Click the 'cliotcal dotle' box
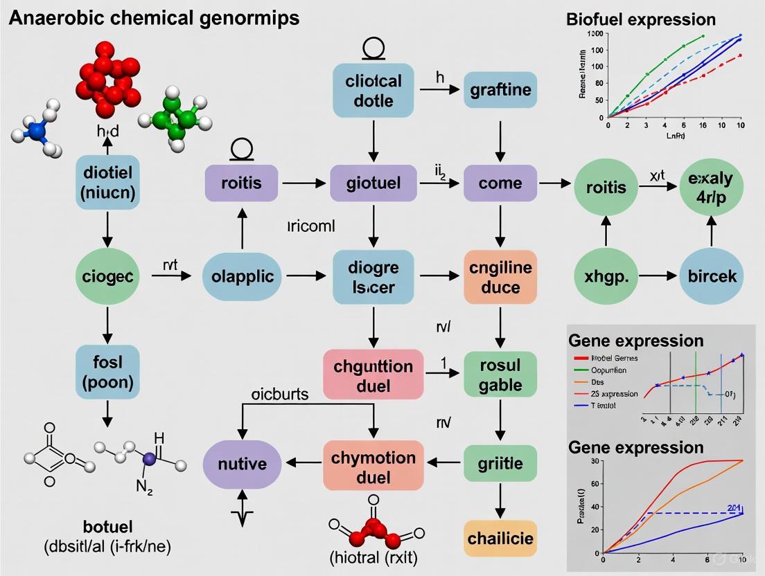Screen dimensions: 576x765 pyautogui.click(x=373, y=90)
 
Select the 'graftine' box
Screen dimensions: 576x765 pyautogui.click(x=500, y=90)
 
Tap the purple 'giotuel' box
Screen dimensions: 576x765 pyautogui.click(x=373, y=184)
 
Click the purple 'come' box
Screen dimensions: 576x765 pyautogui.click(x=500, y=184)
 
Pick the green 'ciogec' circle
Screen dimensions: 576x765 pyautogui.click(x=107, y=276)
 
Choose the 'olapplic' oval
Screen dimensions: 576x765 pyautogui.click(x=243, y=276)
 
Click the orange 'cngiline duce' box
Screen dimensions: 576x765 pyautogui.click(x=500, y=276)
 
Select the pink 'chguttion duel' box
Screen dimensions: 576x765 pyautogui.click(x=373, y=375)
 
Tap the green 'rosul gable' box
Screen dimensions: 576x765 pyautogui.click(x=500, y=375)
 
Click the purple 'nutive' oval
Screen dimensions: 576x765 pyautogui.click(x=243, y=462)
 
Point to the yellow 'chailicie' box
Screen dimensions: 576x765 pyautogui.click(x=500, y=538)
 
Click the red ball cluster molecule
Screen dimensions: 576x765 pyautogui.click(x=106, y=75)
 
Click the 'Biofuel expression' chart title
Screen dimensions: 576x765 pyautogui.click(x=641, y=19)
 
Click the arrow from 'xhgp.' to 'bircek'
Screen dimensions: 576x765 pyautogui.click(x=658, y=276)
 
